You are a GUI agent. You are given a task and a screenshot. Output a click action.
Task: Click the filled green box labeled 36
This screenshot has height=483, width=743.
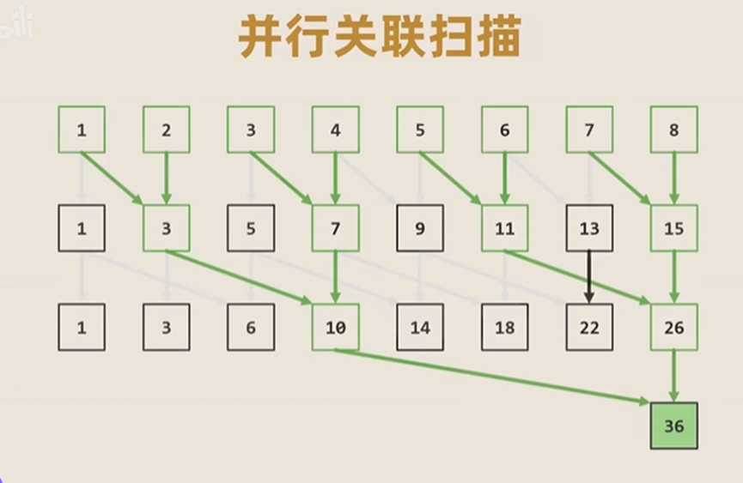pos(674,426)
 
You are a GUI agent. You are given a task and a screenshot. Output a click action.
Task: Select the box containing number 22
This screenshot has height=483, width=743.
pos(589,327)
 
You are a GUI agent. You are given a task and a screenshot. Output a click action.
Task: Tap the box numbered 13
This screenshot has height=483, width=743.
pos(589,228)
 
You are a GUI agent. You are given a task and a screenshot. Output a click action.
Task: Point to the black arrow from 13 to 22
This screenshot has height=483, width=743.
pos(589,277)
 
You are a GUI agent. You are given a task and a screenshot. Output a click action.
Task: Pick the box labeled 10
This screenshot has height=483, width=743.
pos(335,327)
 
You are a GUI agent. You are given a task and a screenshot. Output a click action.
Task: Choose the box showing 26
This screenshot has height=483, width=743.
pos(674,327)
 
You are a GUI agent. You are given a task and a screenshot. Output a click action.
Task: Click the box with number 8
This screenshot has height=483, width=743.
pos(674,130)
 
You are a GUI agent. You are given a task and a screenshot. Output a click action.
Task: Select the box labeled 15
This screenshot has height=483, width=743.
pos(674,228)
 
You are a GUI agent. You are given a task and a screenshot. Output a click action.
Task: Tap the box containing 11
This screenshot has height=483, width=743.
pos(505,228)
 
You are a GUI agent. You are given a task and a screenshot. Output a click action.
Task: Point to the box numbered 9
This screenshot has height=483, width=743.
pos(420,228)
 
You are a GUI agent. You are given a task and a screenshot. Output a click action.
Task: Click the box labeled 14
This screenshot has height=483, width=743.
pos(420,327)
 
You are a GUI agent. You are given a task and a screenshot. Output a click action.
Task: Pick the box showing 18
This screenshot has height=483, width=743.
pos(505,327)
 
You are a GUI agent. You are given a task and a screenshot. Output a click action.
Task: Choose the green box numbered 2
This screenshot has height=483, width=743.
pos(166,130)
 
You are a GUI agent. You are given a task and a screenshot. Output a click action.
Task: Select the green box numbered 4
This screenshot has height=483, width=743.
pos(335,130)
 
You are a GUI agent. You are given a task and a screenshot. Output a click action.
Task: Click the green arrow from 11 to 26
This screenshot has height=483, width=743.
pos(576,276)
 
